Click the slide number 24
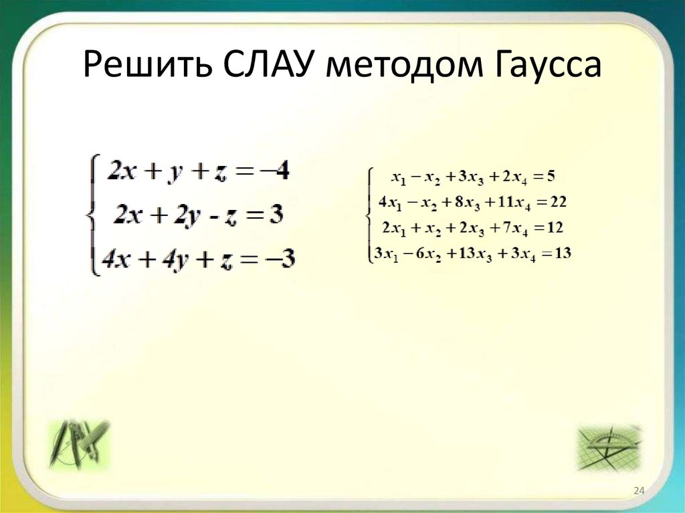[638, 492]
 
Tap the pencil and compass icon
[78, 443]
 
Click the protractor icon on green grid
[609, 447]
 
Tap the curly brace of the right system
[369, 215]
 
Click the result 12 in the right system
[555, 228]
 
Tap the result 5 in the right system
[550, 177]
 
